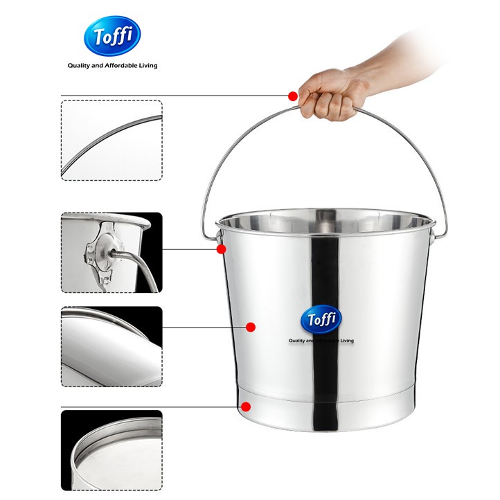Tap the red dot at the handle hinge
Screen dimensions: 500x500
point(221,249)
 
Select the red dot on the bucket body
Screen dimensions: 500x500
point(251,326)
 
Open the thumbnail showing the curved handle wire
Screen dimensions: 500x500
point(111,141)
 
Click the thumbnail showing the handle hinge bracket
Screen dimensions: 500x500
point(111,253)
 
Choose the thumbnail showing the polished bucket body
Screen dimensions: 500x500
point(111,346)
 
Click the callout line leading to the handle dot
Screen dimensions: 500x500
point(173,95)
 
